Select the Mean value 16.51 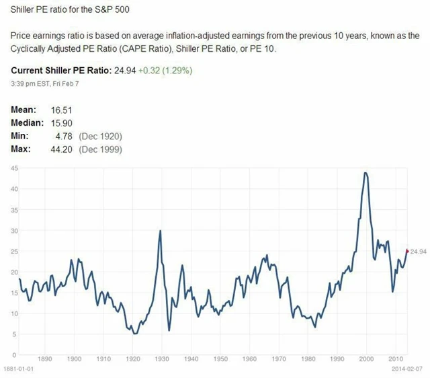61,110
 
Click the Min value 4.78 63,136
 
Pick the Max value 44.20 61,149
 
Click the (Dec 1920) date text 100,136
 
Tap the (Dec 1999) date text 100,149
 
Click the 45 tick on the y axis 13,168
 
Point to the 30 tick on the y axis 13,231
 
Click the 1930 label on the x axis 161,360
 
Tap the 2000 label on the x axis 365,360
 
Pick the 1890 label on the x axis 45,360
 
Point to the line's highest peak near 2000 365,173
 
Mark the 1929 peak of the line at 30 160,231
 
